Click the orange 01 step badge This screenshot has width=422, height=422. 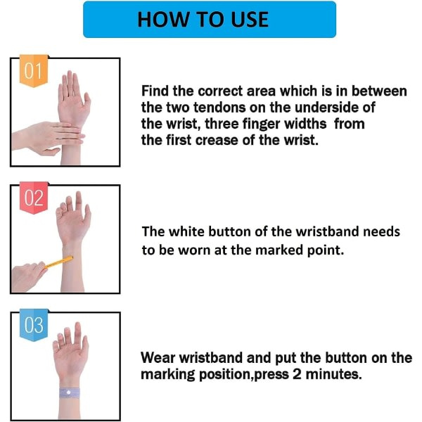click(x=34, y=71)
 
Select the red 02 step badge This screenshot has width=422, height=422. click(x=34, y=198)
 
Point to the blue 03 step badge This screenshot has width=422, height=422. click(x=34, y=325)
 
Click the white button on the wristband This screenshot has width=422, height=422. click(x=69, y=392)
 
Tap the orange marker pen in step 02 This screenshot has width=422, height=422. click(x=59, y=262)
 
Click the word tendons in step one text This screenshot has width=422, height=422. click(x=219, y=108)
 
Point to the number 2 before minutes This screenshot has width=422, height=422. click(x=297, y=374)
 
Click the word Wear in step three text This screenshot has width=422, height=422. click(x=158, y=358)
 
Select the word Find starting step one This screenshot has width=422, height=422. click(x=155, y=91)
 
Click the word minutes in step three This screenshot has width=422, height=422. click(x=333, y=374)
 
